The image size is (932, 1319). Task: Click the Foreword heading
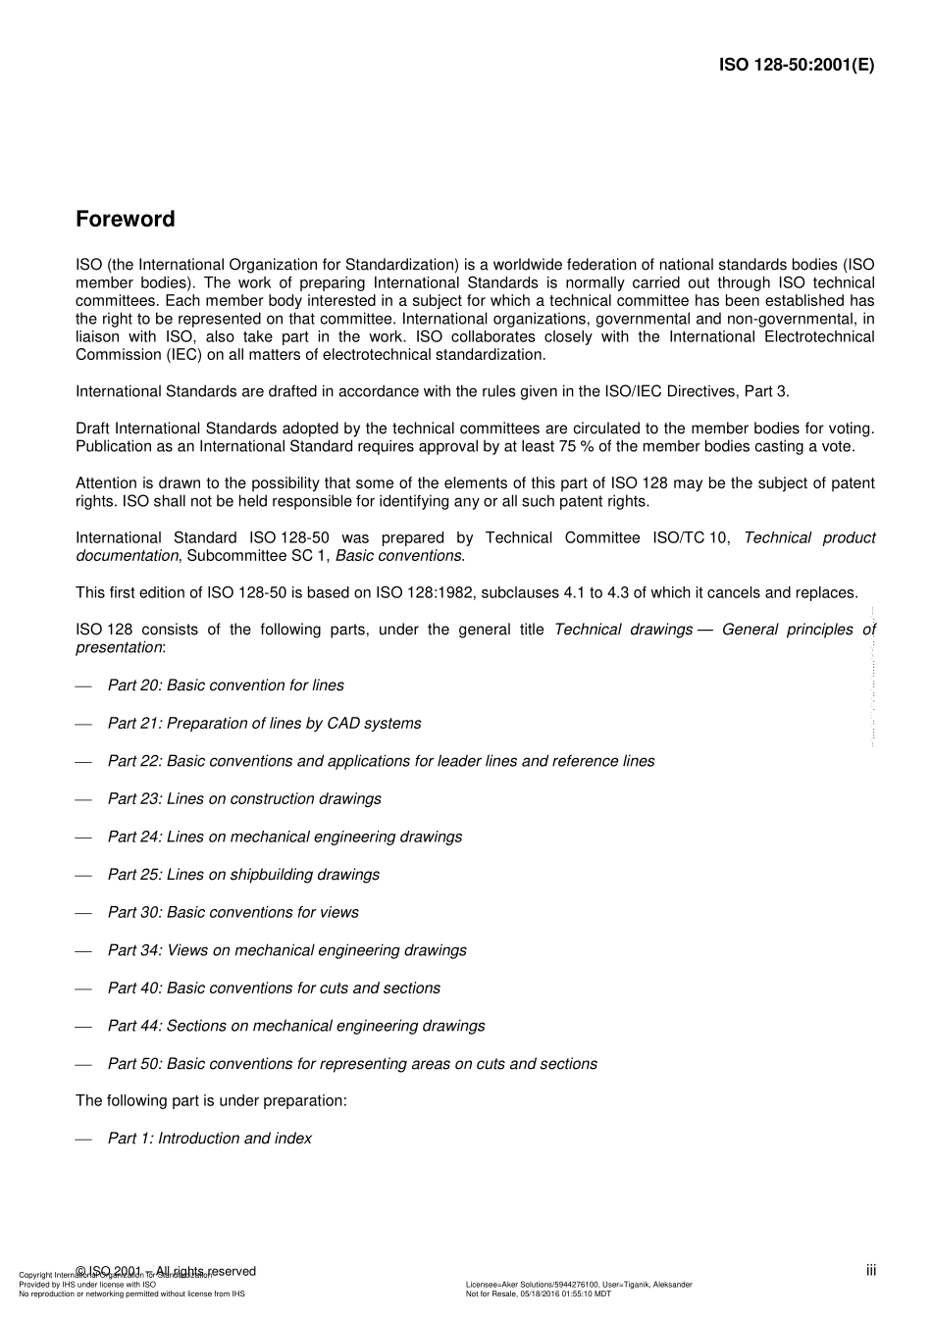click(x=125, y=219)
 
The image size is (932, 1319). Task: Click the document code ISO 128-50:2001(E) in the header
click(x=796, y=66)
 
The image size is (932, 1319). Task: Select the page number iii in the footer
click(x=870, y=1271)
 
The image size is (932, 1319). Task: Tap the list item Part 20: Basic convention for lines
click(x=226, y=685)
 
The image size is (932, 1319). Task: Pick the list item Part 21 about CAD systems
click(x=264, y=724)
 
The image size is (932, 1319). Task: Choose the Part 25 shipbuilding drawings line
click(x=243, y=875)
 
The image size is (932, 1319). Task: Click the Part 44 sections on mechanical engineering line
click(x=296, y=1026)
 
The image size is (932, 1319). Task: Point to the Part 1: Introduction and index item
click(x=209, y=1139)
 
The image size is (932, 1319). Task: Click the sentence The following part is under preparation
click(x=211, y=1100)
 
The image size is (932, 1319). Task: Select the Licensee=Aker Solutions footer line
click(x=578, y=1284)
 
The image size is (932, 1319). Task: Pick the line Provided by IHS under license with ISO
click(x=87, y=1284)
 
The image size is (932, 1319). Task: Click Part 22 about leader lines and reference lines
click(x=381, y=761)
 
